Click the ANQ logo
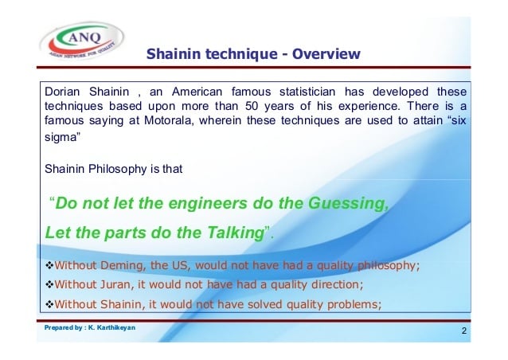[82, 41]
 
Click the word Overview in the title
[326, 54]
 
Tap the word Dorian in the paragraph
[62, 92]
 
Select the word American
[197, 92]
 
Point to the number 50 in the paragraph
[252, 106]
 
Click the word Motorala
[169, 120]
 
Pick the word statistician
[307, 92]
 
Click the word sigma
[61, 138]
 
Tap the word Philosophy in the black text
[118, 169]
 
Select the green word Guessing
[348, 203]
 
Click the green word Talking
[236, 233]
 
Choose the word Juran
[116, 284]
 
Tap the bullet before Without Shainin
[49, 304]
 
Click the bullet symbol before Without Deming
[49, 266]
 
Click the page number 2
[464, 331]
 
